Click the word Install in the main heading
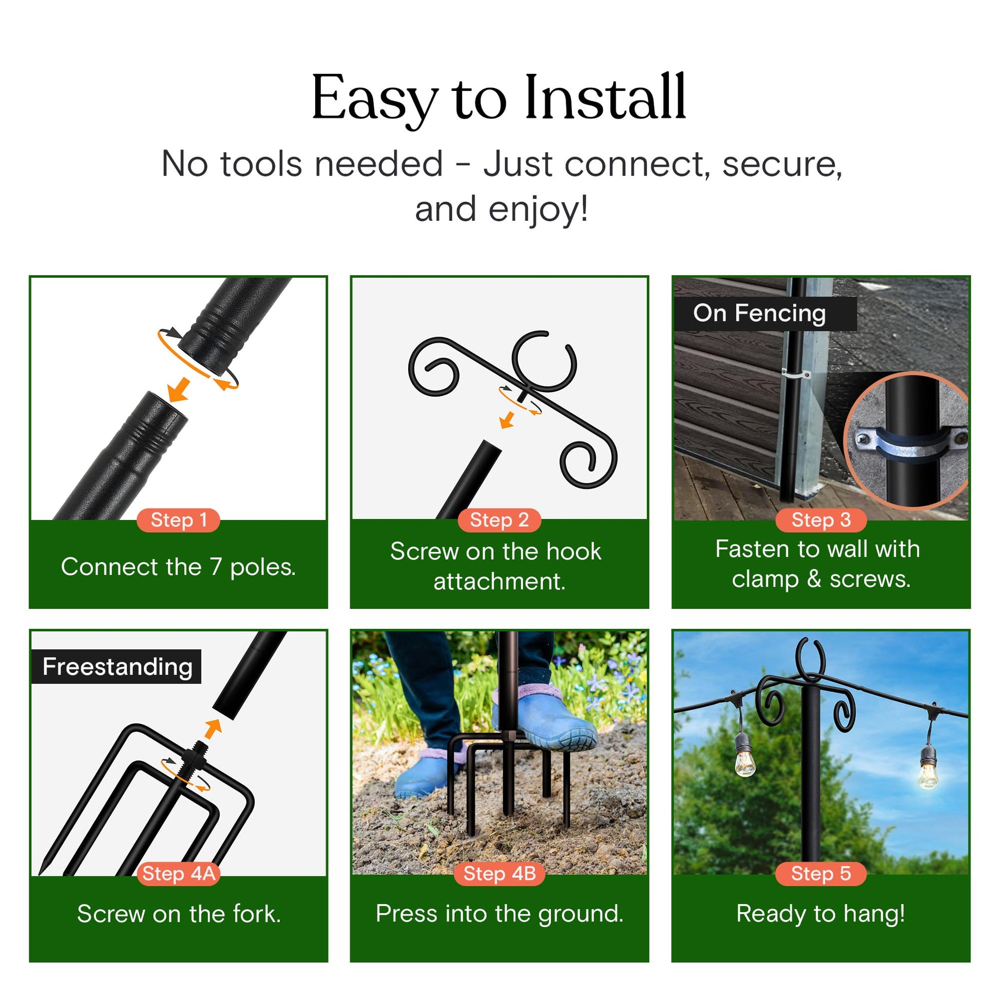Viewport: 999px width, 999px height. point(605,97)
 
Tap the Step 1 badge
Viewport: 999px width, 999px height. point(179,520)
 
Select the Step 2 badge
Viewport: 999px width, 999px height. point(499,520)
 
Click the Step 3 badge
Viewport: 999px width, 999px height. point(821,520)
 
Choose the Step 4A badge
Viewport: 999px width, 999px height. point(179,873)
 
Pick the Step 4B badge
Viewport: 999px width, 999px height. point(499,873)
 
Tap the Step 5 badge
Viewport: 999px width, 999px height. point(821,873)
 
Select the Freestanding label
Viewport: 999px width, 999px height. point(117,666)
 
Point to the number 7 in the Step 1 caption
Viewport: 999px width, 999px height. point(216,567)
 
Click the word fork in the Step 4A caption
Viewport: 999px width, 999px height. point(257,914)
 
